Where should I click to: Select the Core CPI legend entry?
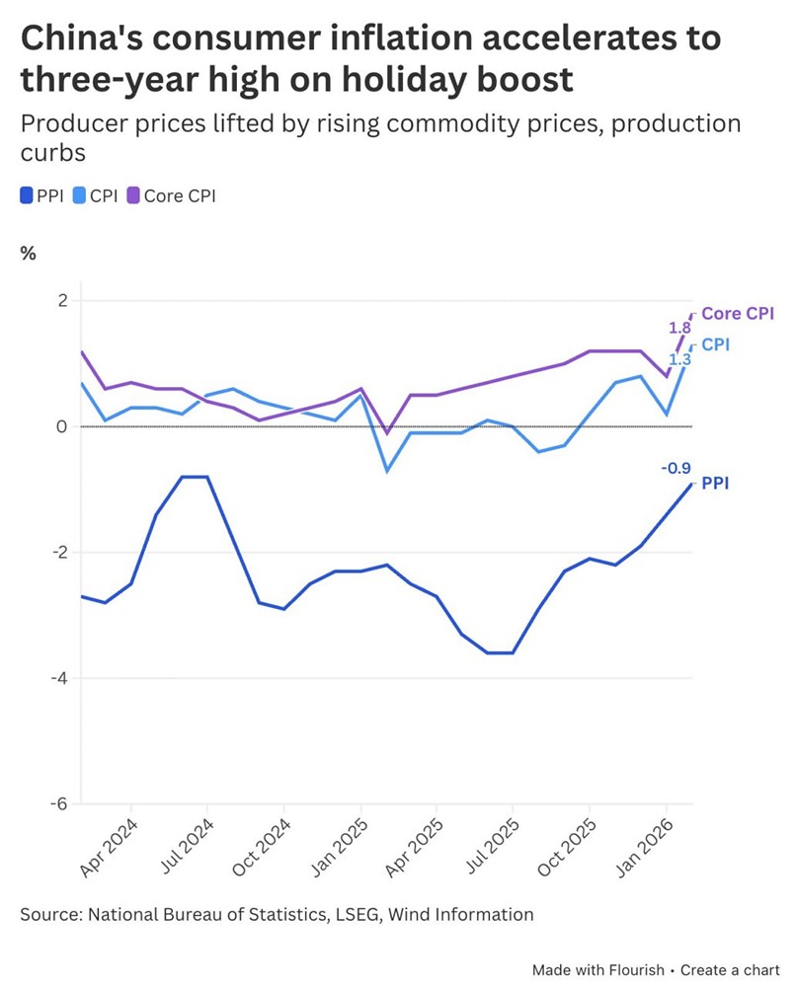pyautogui.click(x=170, y=195)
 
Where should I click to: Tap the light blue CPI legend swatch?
pyautogui.click(x=80, y=195)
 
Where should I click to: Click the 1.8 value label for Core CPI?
pyautogui.click(x=679, y=328)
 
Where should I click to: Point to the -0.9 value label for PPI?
pyautogui.click(x=676, y=469)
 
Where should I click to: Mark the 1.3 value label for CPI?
pyautogui.click(x=679, y=360)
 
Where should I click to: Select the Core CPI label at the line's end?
pyautogui.click(x=737, y=314)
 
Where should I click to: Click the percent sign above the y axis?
pyautogui.click(x=29, y=253)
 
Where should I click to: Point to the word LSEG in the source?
pyautogui.click(x=359, y=914)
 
